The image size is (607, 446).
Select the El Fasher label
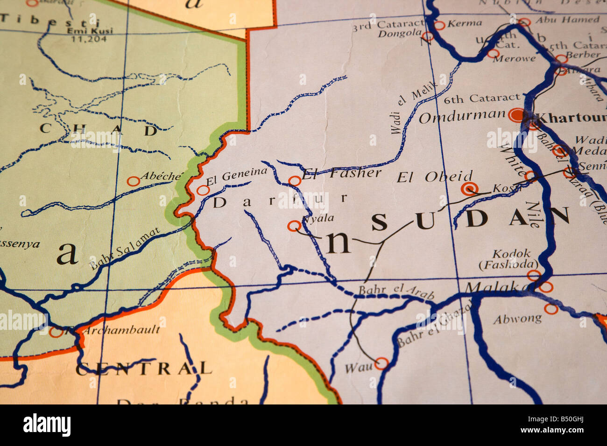342,174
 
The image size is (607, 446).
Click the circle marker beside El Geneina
203,190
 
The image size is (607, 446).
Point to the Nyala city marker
294,226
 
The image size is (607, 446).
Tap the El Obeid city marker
469,188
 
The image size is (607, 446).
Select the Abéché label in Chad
161,176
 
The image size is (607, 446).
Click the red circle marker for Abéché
134,181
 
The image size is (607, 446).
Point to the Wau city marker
381,363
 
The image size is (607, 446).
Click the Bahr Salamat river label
125,248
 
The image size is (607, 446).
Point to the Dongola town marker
427,36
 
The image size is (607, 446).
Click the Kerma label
464,22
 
